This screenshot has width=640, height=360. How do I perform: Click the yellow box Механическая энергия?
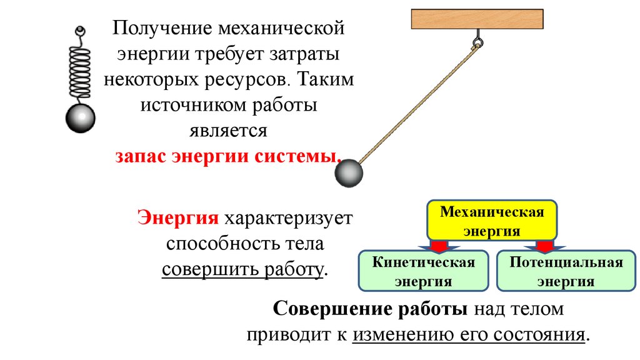point(492,221)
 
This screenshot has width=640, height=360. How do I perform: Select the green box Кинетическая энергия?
point(423,271)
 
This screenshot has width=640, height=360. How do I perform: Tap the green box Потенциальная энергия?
point(566,271)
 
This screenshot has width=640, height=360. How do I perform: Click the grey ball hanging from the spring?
point(80,118)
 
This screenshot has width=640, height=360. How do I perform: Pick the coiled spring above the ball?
point(79,66)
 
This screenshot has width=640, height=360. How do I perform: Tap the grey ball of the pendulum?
point(349,173)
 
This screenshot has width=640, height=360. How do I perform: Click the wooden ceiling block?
point(477,19)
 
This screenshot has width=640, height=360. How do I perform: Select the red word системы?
point(297,156)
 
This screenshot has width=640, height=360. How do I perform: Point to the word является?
point(227,131)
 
